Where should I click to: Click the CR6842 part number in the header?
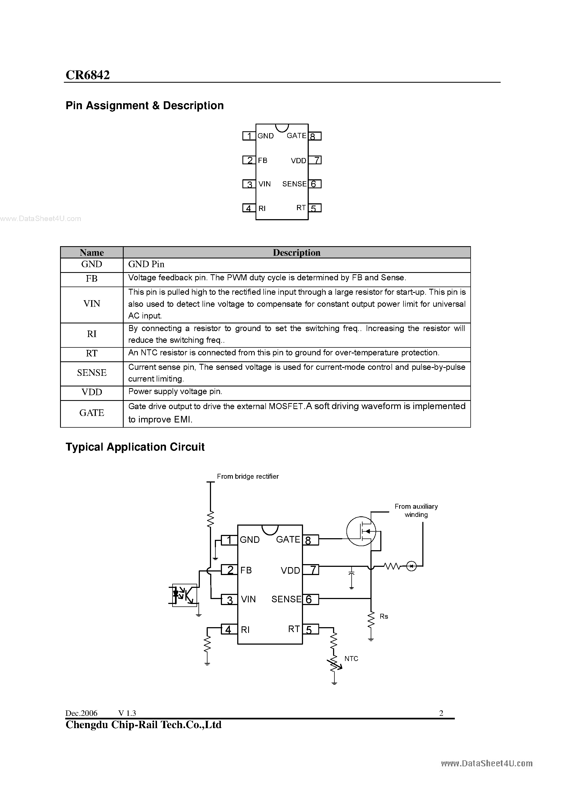pos(88,75)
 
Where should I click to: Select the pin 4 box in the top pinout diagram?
pos(249,208)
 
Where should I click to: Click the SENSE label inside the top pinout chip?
pos(294,184)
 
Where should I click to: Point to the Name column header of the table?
pos(91,253)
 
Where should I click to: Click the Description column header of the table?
pos(296,253)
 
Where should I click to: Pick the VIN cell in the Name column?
pos(91,304)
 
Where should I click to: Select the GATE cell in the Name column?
pos(91,413)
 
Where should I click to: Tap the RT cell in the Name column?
pos(91,353)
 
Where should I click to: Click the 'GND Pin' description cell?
pos(146,264)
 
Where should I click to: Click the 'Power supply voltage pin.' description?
pos(175,392)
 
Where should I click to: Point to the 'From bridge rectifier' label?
pos(248,477)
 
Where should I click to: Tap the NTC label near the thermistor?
pos(351,659)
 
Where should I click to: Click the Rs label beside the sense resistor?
pos(384,616)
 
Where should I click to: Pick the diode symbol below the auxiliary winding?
pos(411,567)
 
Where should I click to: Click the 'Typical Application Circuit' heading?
pos(135,447)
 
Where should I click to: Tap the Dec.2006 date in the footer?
pos(81,713)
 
